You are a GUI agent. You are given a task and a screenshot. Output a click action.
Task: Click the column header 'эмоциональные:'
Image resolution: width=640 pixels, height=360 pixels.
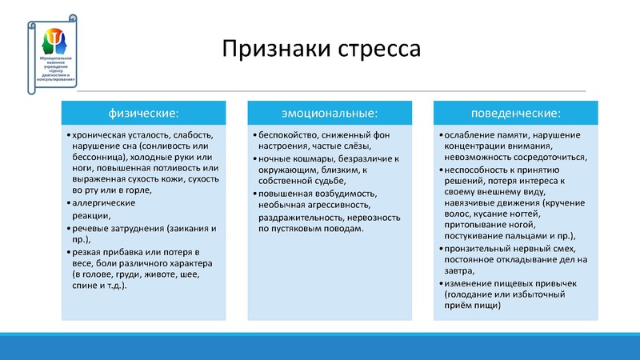click(x=329, y=111)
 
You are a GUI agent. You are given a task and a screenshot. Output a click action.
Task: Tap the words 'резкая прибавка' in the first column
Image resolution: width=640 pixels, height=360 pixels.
click(x=106, y=251)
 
